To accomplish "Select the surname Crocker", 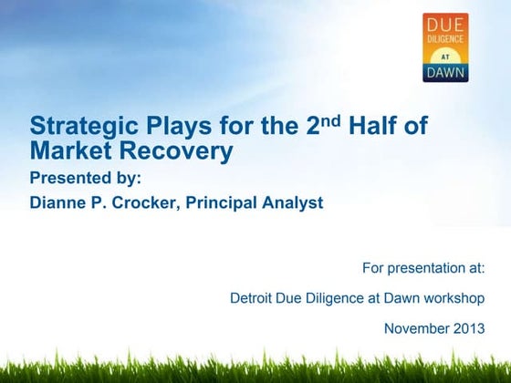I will (146, 202).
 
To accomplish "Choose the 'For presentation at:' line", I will (422, 268).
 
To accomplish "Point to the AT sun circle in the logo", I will (444, 54).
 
